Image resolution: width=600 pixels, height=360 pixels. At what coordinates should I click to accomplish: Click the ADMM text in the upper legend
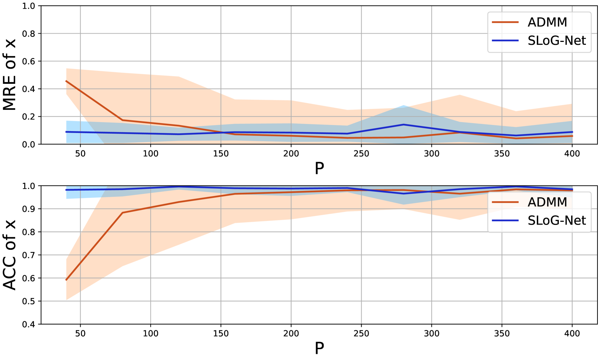547,22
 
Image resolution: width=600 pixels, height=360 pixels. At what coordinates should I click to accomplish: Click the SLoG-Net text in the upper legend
556,41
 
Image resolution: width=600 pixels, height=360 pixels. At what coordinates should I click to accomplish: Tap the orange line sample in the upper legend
505,22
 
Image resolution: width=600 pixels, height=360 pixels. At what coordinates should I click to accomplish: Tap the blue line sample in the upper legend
505,40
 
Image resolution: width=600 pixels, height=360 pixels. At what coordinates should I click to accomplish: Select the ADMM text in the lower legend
547,202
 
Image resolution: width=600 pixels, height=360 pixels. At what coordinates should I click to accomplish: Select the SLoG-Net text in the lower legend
556,221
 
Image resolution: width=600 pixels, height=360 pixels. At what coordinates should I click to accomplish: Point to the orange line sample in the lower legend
505,202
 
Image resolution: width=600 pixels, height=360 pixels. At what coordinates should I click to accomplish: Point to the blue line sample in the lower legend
505,220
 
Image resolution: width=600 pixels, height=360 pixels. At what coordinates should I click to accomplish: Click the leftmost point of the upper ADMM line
66,81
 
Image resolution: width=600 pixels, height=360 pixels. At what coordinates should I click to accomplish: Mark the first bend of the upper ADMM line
122,120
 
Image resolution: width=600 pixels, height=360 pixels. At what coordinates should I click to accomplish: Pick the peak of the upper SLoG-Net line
403,125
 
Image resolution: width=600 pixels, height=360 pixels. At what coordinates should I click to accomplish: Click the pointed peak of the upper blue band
403,105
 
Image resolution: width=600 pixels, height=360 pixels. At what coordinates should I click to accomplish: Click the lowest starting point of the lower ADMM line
66,280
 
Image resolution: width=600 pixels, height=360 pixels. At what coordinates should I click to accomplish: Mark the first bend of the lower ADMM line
122,213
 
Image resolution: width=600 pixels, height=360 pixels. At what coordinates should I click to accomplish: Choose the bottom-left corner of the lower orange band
66,300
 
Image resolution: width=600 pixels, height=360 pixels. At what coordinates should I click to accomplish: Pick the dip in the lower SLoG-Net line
403,194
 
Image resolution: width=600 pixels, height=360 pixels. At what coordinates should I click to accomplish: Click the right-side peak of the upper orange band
459,95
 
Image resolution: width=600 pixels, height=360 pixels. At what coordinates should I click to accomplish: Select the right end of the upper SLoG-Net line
572,132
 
